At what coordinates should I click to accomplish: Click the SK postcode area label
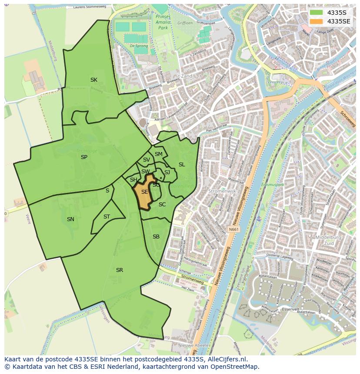93,79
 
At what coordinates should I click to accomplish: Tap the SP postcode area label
84,157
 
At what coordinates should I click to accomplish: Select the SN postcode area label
70,219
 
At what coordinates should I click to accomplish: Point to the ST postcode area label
107,217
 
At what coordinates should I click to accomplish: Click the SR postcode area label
120,270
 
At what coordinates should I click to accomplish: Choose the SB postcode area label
156,237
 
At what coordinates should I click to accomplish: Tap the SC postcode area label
162,205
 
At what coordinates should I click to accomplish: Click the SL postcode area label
182,165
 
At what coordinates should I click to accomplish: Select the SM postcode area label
159,154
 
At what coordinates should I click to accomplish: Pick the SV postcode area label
147,160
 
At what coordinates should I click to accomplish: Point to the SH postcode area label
133,180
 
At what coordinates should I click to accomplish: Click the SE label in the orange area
145,192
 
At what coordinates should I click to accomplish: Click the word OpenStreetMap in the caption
234,367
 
